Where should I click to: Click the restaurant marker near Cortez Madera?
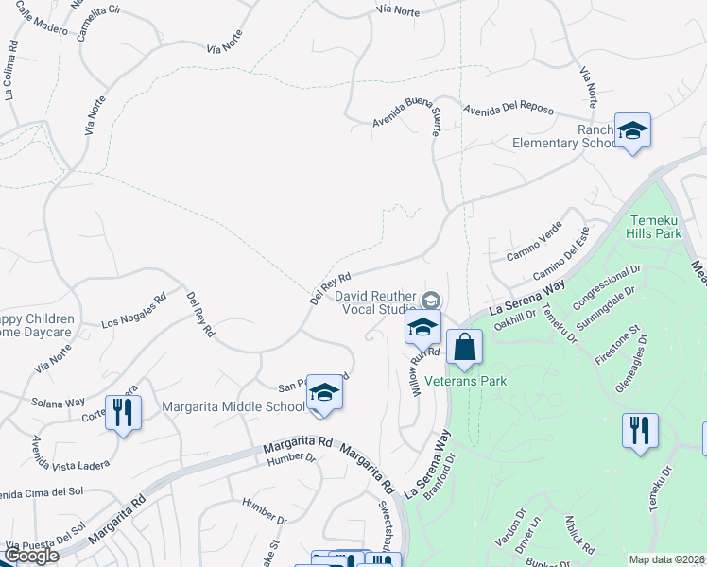[123, 413]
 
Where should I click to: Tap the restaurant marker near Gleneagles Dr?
[640, 431]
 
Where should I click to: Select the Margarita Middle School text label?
[233, 406]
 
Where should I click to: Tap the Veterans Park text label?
[465, 381]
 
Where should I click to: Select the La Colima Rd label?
[11, 69]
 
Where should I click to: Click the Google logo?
[31, 556]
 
